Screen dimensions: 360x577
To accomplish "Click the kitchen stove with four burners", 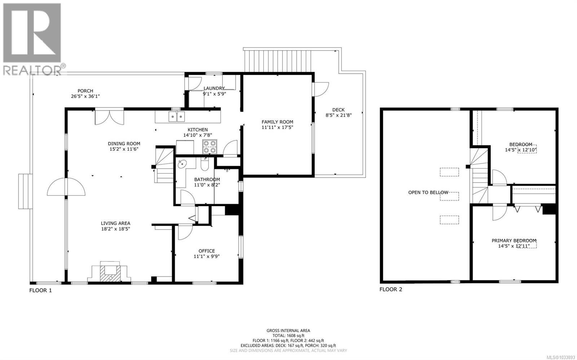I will (x=210, y=147).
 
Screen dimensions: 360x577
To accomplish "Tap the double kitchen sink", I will (x=177, y=116).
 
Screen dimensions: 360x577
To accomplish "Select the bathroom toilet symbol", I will (x=204, y=165).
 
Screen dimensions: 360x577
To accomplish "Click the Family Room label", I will (x=277, y=122).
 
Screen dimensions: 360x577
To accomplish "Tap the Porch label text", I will (x=85, y=91).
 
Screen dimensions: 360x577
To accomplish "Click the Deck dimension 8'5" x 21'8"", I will (x=338, y=115).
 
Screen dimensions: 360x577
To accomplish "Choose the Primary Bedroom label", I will (x=514, y=241).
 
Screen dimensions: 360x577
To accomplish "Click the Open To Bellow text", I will (x=428, y=192).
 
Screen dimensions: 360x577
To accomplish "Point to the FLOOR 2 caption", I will (x=391, y=289).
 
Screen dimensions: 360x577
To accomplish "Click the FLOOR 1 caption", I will (x=40, y=290).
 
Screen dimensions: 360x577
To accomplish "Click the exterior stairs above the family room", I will (x=278, y=61).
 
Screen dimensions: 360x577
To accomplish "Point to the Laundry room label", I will (x=214, y=88).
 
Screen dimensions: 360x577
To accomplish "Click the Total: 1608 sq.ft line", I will (x=288, y=335).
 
